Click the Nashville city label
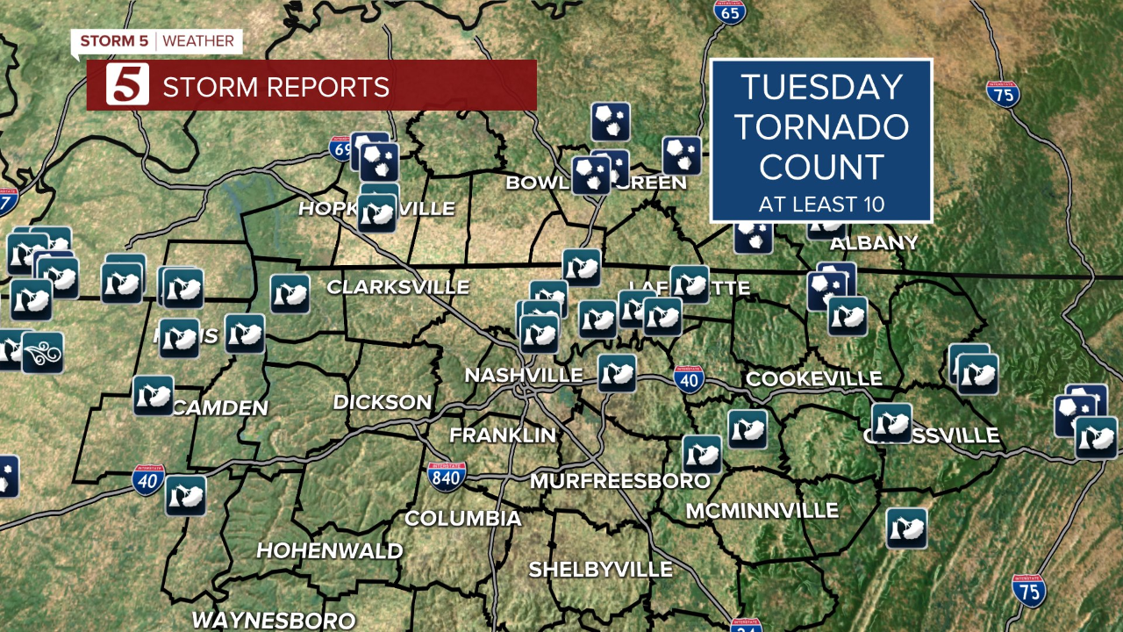click(x=524, y=375)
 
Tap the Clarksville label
click(x=397, y=287)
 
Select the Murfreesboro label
click(x=619, y=481)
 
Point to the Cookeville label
click(x=813, y=378)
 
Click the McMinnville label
click(x=762, y=511)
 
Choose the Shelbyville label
click(x=600, y=569)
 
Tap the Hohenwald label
click(x=329, y=551)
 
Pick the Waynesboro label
click(x=274, y=620)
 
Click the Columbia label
click(x=462, y=518)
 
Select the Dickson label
click(x=382, y=402)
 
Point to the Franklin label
click(x=503, y=434)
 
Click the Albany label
click(x=874, y=242)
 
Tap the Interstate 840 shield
click(x=447, y=475)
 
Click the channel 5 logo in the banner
click(x=128, y=85)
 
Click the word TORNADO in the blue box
click(x=821, y=126)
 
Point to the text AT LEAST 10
click(x=821, y=205)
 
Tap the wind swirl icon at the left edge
click(x=42, y=353)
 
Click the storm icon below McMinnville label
click(x=906, y=528)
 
